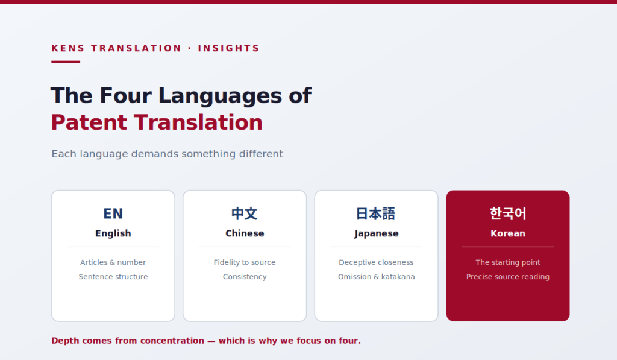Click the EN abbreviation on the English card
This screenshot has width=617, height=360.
coord(113,213)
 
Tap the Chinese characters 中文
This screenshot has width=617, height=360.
coord(245,213)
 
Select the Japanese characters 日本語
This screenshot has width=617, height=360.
coord(376,213)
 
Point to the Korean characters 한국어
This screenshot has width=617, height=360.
coord(507,213)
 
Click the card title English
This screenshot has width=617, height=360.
coord(113,233)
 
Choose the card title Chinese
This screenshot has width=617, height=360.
coord(245,233)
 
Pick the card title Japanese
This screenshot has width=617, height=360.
coord(376,233)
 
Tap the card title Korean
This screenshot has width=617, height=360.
coord(507,233)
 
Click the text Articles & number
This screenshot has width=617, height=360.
coord(113,262)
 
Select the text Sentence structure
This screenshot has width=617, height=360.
coord(113,277)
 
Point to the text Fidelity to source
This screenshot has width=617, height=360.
coord(245,262)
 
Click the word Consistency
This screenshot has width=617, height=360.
coord(245,277)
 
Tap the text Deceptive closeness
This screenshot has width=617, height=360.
coord(376,262)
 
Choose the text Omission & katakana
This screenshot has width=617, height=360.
coord(376,277)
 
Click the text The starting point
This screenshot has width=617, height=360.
coord(507,262)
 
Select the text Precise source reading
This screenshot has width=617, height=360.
coord(507,277)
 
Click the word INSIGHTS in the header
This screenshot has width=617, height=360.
coord(228,48)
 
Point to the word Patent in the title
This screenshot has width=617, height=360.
coord(89,122)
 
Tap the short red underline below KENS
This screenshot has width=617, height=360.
coord(66,62)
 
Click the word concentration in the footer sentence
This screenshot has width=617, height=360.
coord(172,341)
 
